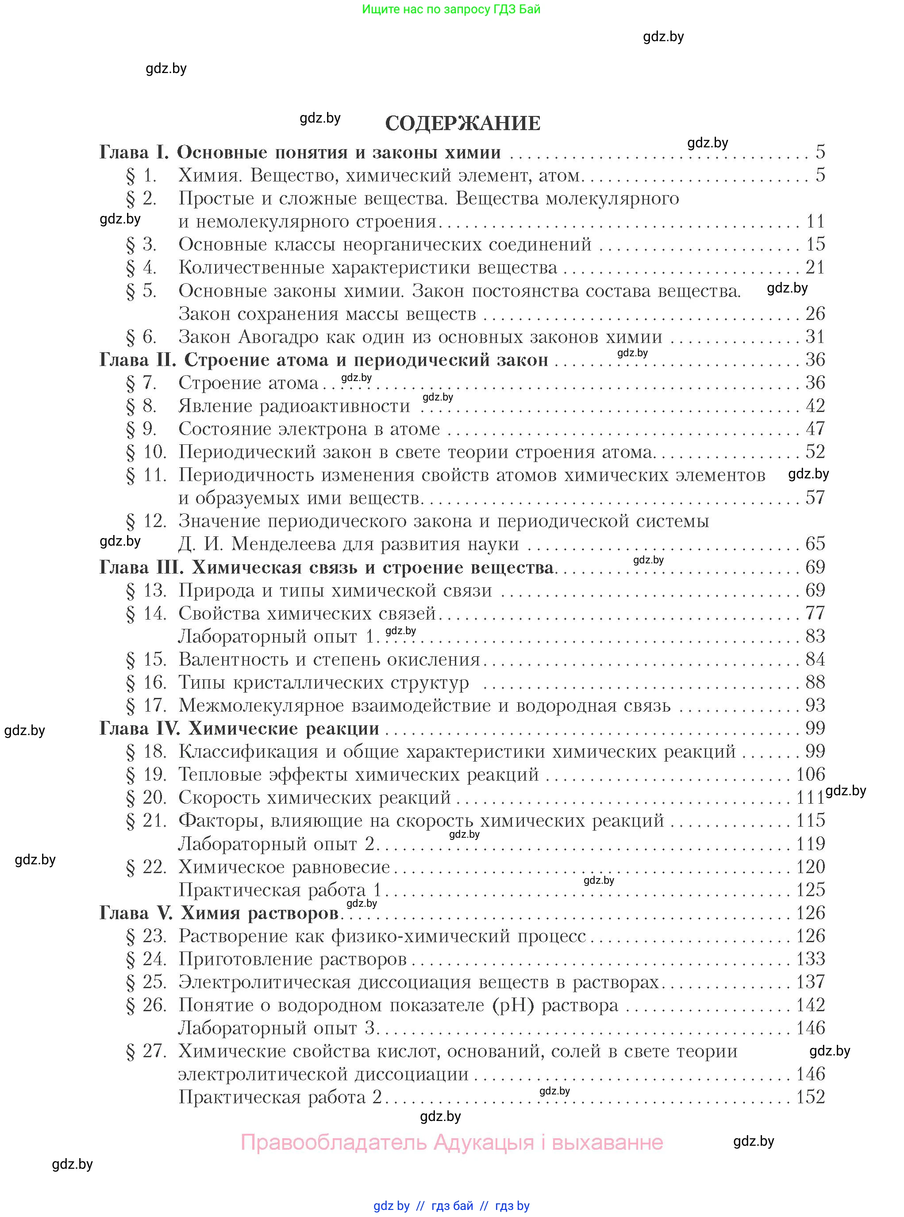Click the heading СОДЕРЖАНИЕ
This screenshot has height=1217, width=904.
(462, 123)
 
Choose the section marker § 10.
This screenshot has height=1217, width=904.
(146, 452)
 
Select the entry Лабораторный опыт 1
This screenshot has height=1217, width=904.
(278, 636)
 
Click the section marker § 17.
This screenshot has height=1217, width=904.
(146, 705)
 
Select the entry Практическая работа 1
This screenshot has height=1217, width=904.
(280, 890)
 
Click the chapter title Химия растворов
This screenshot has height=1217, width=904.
(260, 913)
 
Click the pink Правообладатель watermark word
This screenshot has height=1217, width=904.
(334, 1143)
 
